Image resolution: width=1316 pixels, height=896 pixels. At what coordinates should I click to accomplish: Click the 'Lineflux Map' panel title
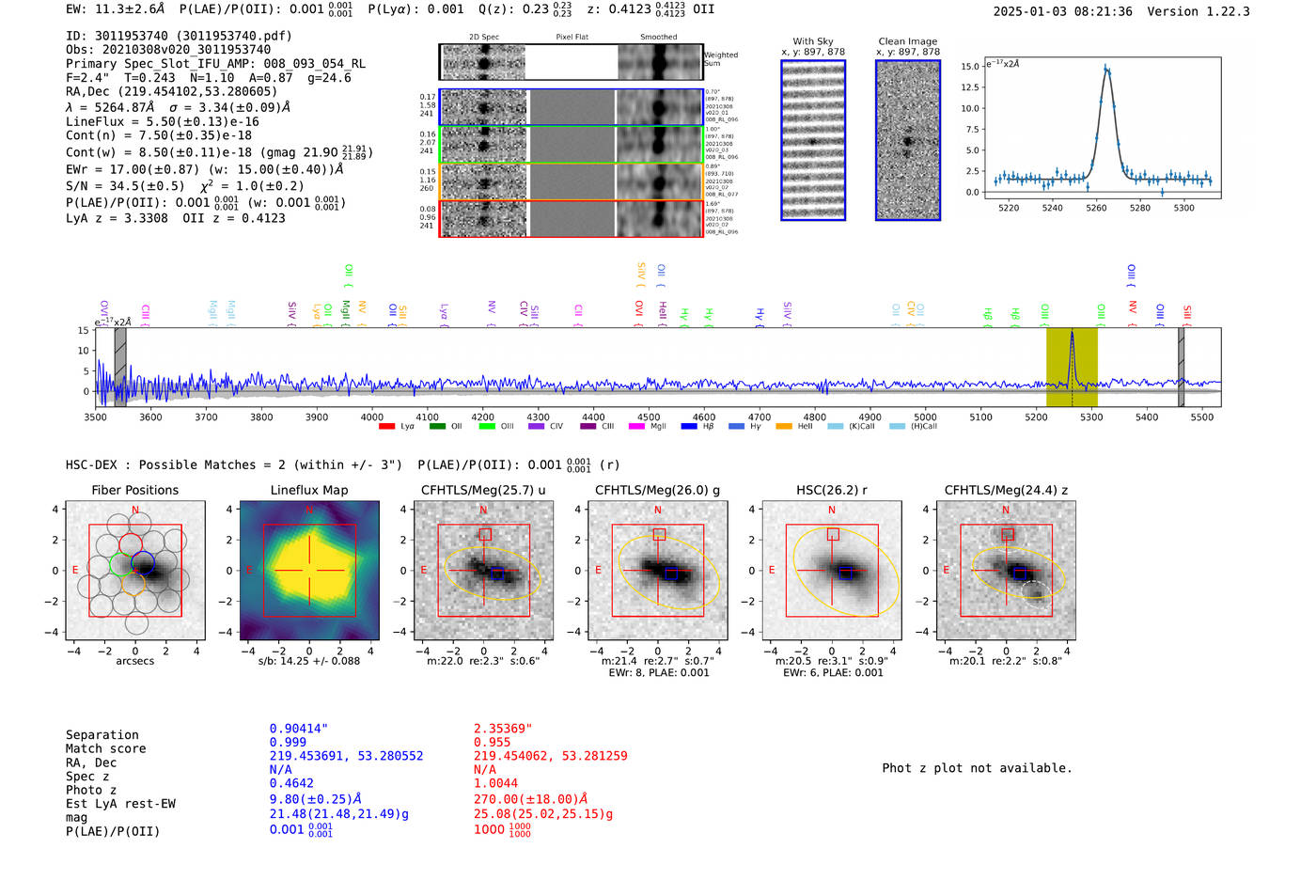coord(308,490)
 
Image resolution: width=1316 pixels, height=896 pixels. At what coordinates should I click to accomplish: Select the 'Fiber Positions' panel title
coord(134,490)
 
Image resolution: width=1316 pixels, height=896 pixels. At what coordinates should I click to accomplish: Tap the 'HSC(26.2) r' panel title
coord(831,490)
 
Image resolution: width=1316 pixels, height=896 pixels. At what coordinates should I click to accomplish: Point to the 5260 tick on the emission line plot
coord(1096,208)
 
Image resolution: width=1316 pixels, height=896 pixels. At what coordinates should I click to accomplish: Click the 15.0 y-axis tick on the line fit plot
coord(969,66)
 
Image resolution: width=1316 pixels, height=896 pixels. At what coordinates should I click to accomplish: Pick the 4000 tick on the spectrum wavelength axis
coord(372,417)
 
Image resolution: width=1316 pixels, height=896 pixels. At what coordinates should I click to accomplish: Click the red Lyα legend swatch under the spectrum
coord(386,427)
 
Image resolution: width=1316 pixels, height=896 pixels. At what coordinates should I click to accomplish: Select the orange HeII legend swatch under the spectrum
coord(784,427)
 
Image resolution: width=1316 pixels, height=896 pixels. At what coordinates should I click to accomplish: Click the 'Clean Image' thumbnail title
coord(907,41)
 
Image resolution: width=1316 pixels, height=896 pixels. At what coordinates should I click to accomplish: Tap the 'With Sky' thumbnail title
coord(812,41)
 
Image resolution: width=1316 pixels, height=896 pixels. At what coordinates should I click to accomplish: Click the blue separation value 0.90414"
coord(298,729)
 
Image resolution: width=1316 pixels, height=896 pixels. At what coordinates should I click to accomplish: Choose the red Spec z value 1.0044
coord(495,783)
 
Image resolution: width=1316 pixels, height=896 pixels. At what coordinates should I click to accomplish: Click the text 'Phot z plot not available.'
coord(977,768)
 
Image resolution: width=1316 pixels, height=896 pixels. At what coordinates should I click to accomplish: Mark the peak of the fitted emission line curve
coord(1106,68)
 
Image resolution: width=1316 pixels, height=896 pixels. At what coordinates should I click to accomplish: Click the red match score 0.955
coord(492,742)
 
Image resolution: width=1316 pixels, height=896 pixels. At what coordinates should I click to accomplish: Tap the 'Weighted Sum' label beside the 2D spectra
coord(721,59)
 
